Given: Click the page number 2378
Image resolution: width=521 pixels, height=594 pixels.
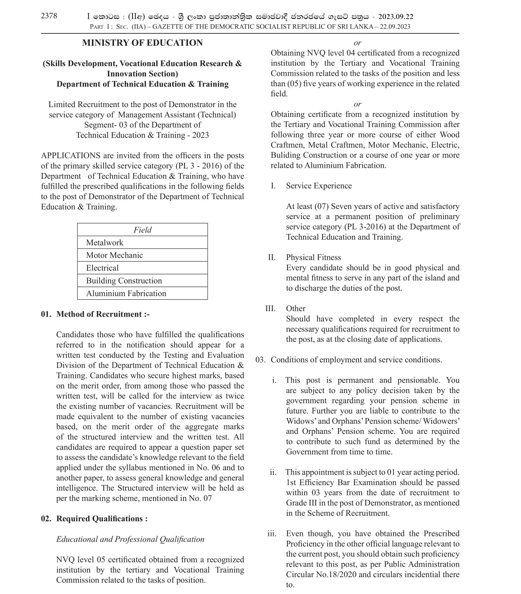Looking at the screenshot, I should pyautogui.click(x=49, y=16).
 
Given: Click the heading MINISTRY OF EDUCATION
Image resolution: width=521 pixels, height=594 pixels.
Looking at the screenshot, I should pyautogui.click(x=142, y=43).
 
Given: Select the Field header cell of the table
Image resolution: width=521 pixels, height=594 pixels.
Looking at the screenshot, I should pyautogui.click(x=142, y=230).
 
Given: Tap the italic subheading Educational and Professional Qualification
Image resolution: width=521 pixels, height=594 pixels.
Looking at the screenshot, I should pyautogui.click(x=130, y=539).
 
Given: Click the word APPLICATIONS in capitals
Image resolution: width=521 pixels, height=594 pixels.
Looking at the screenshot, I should pyautogui.click(x=71, y=156).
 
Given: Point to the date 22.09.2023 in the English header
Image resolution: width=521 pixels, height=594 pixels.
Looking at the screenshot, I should pyautogui.click(x=395, y=27).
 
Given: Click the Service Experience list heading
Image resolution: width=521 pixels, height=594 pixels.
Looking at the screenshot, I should pyautogui.click(x=319, y=186).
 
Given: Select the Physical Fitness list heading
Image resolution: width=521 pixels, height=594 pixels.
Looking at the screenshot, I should pyautogui.click(x=313, y=257).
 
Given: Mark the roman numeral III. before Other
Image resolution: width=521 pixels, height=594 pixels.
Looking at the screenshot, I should pyautogui.click(x=270, y=308).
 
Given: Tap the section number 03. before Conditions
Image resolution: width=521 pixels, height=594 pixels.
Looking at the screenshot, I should pyautogui.click(x=260, y=360).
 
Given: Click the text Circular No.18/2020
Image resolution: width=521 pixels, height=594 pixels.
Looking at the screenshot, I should pyautogui.click(x=321, y=574).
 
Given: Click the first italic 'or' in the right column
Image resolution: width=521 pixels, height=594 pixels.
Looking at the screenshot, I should pyautogui.click(x=357, y=43).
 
